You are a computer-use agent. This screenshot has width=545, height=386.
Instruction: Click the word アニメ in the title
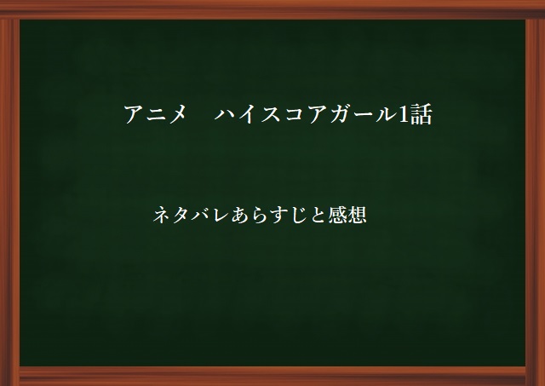point(155,113)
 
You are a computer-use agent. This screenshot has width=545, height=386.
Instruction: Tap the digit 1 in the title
point(403,113)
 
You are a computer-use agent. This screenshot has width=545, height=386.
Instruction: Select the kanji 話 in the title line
point(421,113)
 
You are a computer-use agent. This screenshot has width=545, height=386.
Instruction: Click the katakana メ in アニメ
point(177,113)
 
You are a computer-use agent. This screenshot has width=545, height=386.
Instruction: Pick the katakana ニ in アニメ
point(155,114)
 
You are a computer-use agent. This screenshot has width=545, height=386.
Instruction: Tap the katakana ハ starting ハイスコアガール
point(226,114)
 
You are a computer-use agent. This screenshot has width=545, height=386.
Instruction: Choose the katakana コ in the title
point(295,114)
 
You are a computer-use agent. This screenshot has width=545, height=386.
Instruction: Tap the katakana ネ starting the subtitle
point(163,215)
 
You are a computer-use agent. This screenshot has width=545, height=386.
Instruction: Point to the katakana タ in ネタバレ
point(181,215)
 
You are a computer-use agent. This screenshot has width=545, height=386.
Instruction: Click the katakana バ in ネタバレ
point(201,215)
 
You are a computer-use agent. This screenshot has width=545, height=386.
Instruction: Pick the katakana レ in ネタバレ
point(221,215)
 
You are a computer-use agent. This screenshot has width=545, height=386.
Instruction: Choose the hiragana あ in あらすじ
point(240,215)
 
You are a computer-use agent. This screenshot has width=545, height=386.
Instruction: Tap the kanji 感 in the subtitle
point(337,215)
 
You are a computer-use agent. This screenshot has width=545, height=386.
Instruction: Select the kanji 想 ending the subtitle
point(357,215)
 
